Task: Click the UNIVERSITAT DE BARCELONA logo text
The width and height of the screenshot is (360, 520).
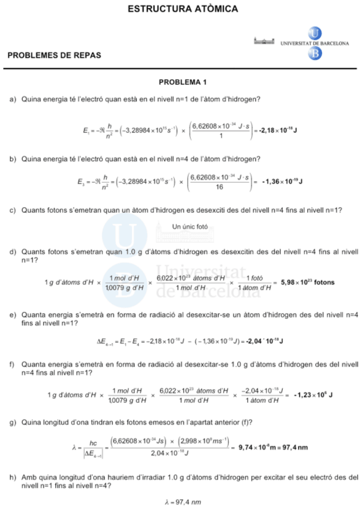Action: (x=315, y=44)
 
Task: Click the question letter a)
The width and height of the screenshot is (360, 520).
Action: (x=13, y=99)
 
